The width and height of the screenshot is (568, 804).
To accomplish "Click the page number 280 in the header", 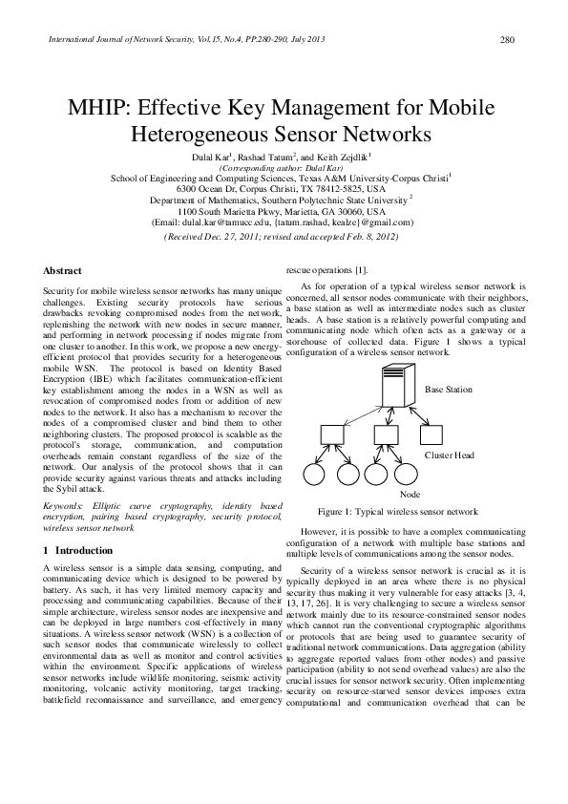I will [507, 40].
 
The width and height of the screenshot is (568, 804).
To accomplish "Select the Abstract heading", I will [63, 270].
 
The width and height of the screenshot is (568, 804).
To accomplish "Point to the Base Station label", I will [448, 390].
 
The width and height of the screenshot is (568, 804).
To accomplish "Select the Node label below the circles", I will [410, 494].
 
